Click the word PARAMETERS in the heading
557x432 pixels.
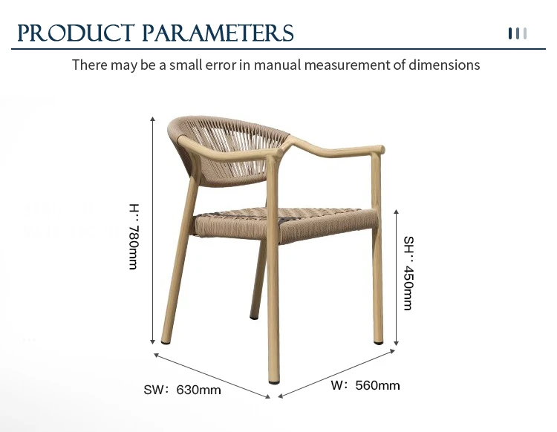218,33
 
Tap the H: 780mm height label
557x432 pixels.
134,237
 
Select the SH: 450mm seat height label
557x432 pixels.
409,273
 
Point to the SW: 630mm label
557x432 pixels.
182,390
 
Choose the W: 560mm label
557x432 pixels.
365,385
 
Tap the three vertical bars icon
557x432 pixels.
518,33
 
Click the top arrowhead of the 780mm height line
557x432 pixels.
153,119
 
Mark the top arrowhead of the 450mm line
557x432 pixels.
396,212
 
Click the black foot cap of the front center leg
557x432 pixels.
274,382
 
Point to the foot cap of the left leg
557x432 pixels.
166,342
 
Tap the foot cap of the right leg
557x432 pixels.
379,342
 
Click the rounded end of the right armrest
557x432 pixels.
380,149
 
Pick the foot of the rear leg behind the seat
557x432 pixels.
254,317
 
